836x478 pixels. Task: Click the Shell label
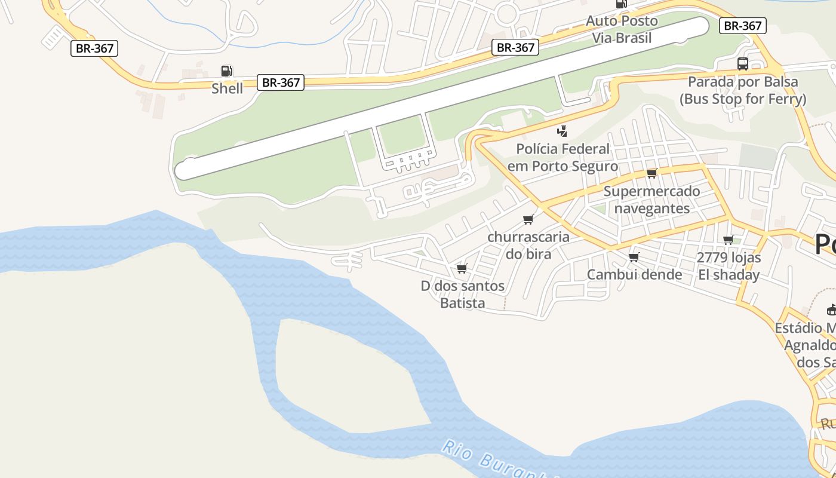227,88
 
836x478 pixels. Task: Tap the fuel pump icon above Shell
226,71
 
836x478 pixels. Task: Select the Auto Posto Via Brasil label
622,29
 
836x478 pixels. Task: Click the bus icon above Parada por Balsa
743,64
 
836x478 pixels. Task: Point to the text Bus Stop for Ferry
743,99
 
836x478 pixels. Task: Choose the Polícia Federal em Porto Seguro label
563,157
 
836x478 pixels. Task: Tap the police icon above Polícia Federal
562,131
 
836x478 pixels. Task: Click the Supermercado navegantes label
651,200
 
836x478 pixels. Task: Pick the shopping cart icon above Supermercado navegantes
651,174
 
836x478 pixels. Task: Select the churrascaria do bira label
528,245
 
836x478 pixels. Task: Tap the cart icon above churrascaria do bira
528,220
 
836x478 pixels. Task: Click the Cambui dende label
634,274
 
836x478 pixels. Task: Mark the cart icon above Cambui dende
634,258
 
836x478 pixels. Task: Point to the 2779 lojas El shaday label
729,266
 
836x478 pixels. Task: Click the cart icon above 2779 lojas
728,240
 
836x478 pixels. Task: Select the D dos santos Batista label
462,295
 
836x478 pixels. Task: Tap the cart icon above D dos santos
462,269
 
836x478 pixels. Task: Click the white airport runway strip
442,99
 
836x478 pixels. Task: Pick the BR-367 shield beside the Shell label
281,82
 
